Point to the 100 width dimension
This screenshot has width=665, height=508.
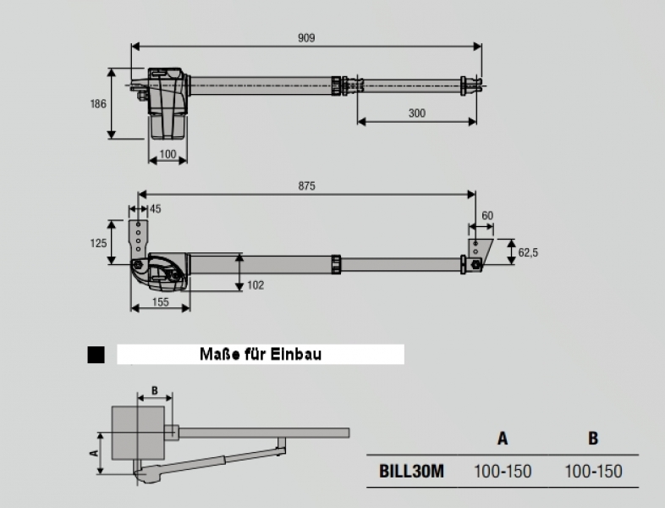click(x=168, y=154)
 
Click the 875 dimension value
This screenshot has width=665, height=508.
click(x=306, y=187)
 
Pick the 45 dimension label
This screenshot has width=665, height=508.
click(x=155, y=209)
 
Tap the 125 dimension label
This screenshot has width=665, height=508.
click(x=99, y=242)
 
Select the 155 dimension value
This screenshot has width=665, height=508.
click(x=159, y=301)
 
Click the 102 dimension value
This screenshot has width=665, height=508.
click(x=255, y=285)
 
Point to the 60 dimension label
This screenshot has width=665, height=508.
click(x=487, y=216)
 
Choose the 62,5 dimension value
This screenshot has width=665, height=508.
click(x=530, y=251)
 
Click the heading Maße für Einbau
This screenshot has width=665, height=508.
click(x=261, y=355)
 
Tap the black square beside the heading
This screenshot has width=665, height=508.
click(x=96, y=355)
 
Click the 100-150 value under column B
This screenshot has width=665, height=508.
click(x=593, y=471)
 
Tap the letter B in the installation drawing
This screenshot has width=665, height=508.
click(x=154, y=390)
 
